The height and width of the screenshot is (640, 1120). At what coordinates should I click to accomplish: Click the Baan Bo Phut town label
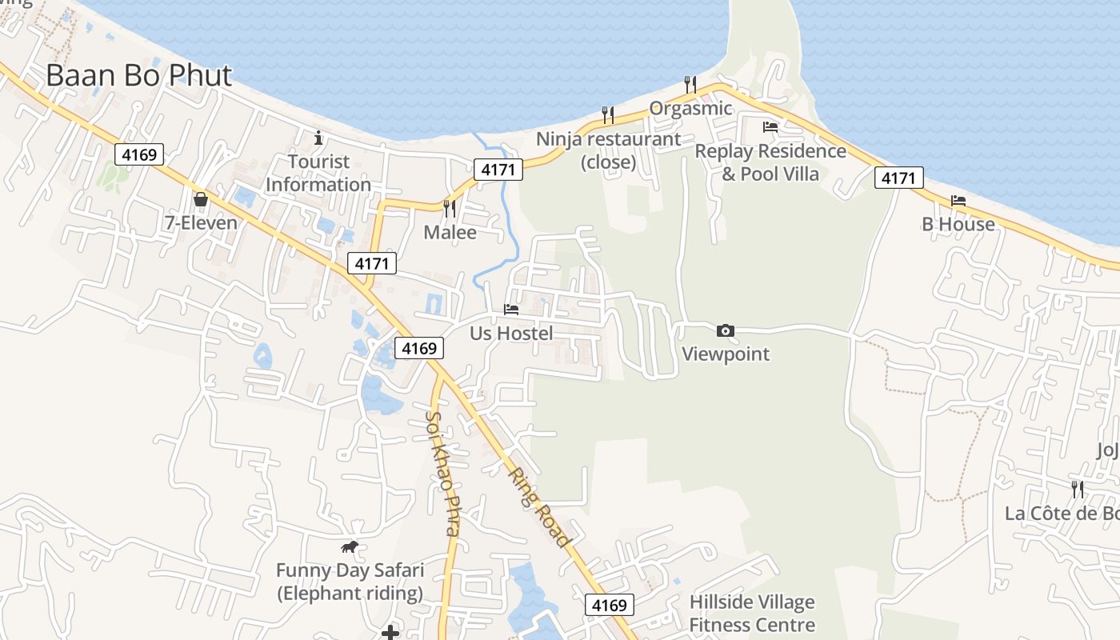pyautogui.click(x=138, y=75)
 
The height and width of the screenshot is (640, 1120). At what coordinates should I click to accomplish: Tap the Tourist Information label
pyautogui.click(x=318, y=173)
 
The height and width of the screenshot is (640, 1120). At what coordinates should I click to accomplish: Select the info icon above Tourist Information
pyautogui.click(x=318, y=138)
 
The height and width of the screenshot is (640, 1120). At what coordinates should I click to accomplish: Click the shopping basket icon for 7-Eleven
pyautogui.click(x=201, y=198)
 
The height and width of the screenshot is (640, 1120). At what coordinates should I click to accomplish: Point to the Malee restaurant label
pyautogui.click(x=450, y=233)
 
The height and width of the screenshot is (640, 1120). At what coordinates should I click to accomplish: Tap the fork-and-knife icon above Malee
pyautogui.click(x=450, y=208)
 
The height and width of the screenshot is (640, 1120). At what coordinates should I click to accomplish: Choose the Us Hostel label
pyautogui.click(x=511, y=333)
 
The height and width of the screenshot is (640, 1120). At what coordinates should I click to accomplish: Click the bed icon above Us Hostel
pyautogui.click(x=511, y=309)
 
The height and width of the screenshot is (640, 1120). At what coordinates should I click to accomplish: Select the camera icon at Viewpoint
pyautogui.click(x=726, y=330)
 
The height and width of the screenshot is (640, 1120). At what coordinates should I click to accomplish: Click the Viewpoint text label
pyautogui.click(x=726, y=354)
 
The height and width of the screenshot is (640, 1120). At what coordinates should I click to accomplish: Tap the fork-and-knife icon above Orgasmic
pyautogui.click(x=690, y=84)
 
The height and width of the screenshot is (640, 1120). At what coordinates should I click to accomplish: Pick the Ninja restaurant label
pyautogui.click(x=609, y=150)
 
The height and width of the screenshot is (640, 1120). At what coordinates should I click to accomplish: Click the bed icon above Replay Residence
pyautogui.click(x=770, y=126)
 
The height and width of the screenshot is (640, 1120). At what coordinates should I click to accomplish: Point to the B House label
pyautogui.click(x=958, y=224)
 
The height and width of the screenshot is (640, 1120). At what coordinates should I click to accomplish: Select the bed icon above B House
pyautogui.click(x=958, y=200)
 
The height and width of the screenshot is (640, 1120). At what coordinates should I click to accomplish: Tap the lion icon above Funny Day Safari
pyautogui.click(x=350, y=547)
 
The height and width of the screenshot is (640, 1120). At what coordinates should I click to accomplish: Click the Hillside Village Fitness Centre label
pyautogui.click(x=752, y=614)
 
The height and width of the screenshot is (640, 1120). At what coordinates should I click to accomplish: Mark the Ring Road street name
pyautogui.click(x=541, y=507)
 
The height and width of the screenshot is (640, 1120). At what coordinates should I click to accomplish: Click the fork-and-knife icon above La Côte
pyautogui.click(x=1078, y=488)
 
